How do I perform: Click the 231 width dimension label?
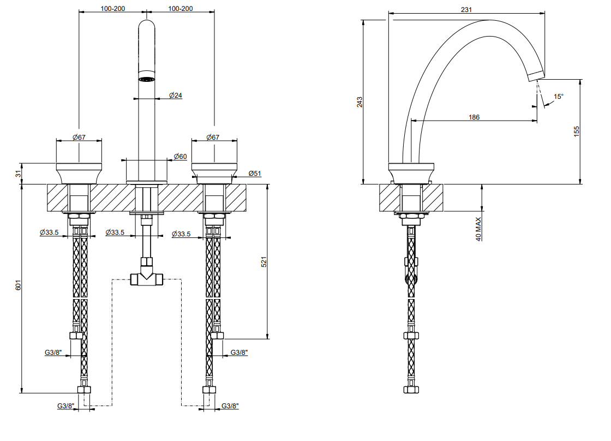466,9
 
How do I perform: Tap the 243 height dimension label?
360,102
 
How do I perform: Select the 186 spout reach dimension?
474,117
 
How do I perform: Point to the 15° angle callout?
559,96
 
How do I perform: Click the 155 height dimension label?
577,132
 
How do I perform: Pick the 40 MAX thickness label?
478,229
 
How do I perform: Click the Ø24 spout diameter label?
175,95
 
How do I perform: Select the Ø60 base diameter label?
180,156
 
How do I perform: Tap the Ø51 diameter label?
255,174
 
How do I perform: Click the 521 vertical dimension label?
264,261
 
